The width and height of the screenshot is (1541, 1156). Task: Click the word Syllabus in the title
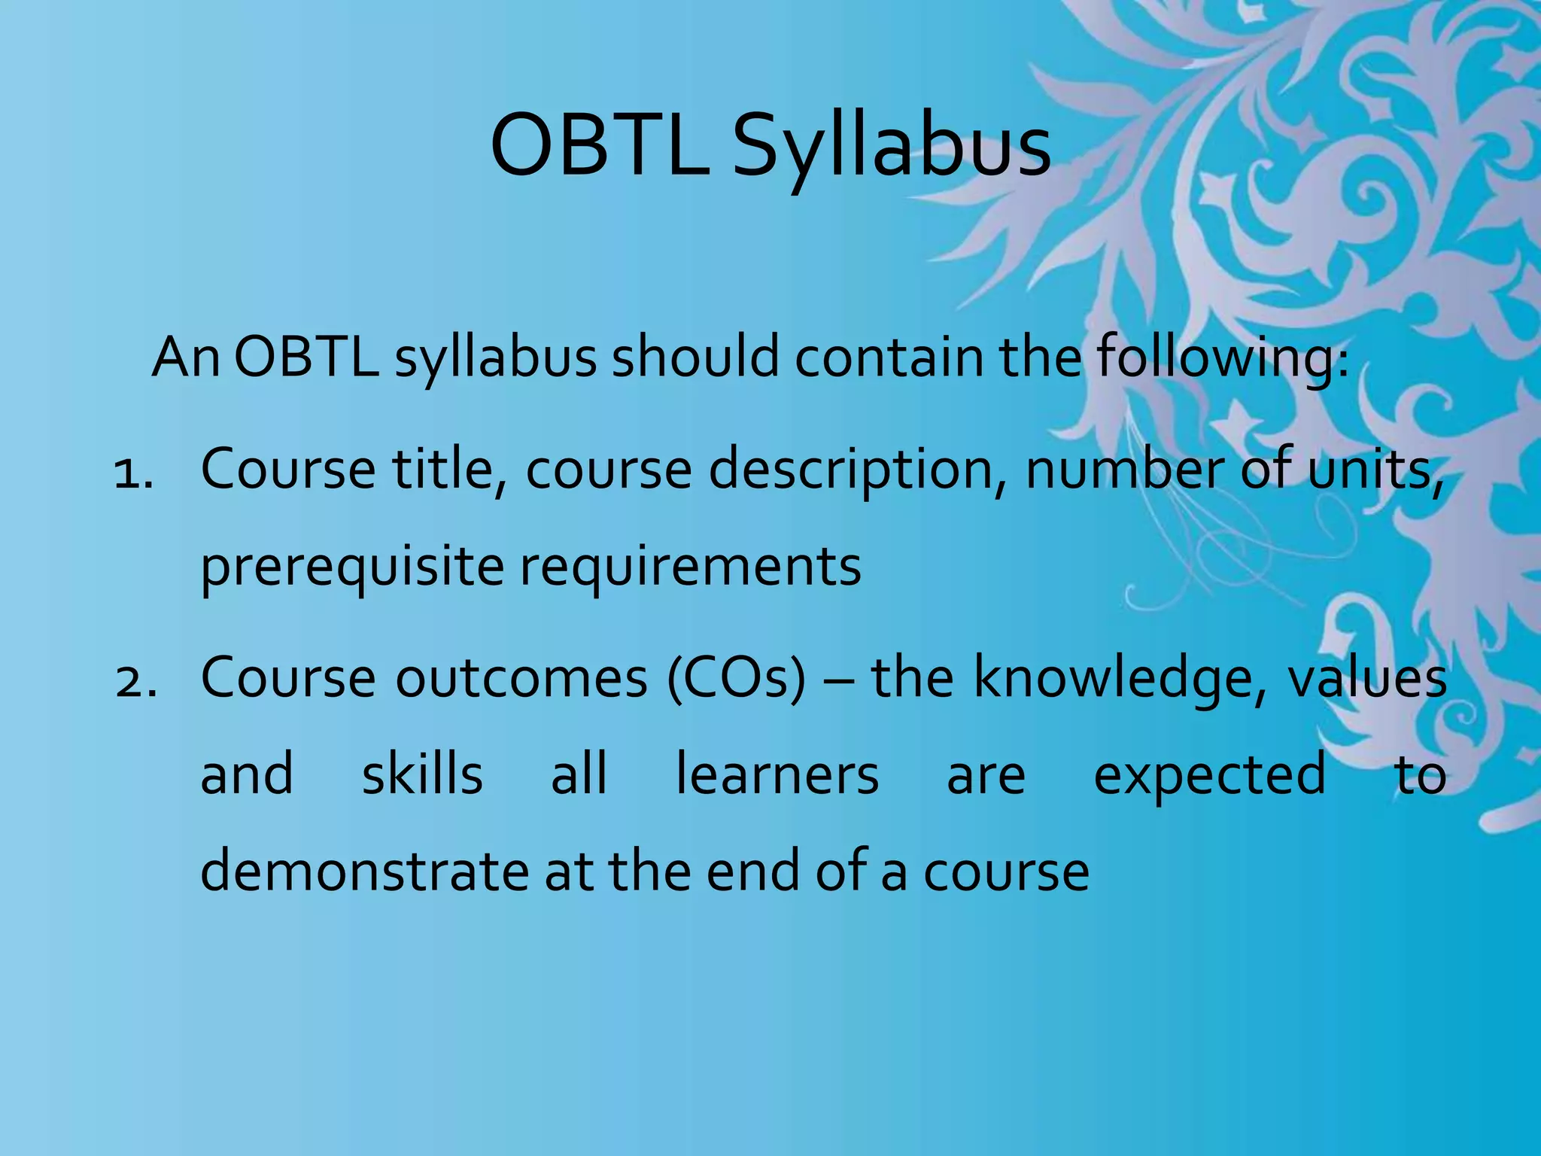click(x=891, y=147)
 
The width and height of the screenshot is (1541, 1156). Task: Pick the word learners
click(x=777, y=775)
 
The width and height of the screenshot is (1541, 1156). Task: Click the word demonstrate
click(x=365, y=872)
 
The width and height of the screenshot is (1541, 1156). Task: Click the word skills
click(x=422, y=775)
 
